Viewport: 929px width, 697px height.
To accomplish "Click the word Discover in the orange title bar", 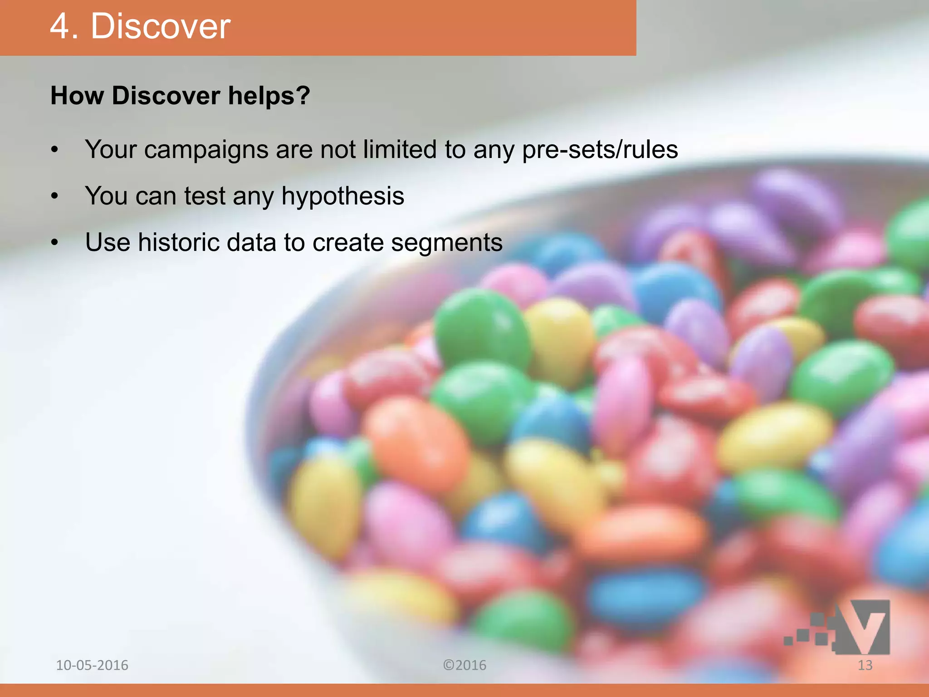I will tap(161, 26).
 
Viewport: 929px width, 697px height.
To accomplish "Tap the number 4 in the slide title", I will tap(59, 26).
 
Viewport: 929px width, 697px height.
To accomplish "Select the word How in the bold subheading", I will tap(77, 96).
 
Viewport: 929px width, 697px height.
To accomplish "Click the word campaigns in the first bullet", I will tap(206, 150).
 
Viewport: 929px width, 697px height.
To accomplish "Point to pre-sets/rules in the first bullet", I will tap(600, 150).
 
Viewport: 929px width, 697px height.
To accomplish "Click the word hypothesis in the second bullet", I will tap(342, 196).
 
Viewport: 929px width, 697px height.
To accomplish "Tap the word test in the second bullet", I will tap(205, 196).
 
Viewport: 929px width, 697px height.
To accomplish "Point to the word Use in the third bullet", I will tap(108, 242).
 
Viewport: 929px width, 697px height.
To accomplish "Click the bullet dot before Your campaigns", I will tap(55, 150).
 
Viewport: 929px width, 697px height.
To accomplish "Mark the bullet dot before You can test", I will tap(55, 196).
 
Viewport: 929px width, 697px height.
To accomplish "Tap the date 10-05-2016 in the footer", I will tap(92, 665).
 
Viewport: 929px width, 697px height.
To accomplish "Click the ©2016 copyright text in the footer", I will tap(464, 665).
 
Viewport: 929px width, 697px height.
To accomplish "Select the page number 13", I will tap(865, 665).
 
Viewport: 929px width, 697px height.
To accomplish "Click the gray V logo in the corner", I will tap(862, 626).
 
